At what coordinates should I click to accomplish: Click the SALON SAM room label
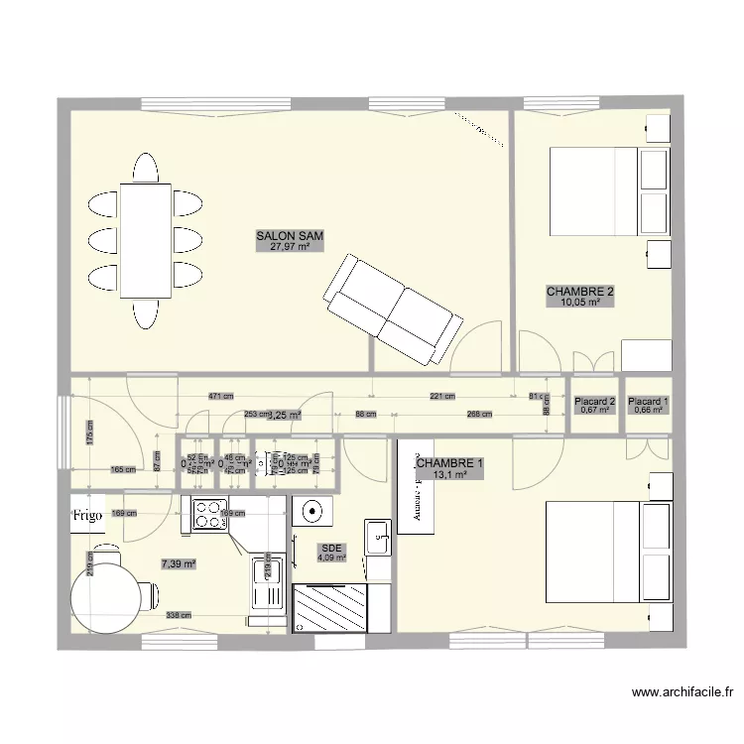[x=291, y=236]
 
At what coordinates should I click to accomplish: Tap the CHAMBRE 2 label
[x=580, y=292]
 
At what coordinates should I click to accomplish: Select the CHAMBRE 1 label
[x=450, y=463]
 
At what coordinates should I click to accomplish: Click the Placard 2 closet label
[x=596, y=402]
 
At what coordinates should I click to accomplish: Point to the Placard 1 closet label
[x=649, y=402]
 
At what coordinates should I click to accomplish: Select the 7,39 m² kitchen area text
[x=179, y=563]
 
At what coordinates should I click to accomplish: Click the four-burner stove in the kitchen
[x=210, y=513]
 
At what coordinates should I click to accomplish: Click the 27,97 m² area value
[x=291, y=247]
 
